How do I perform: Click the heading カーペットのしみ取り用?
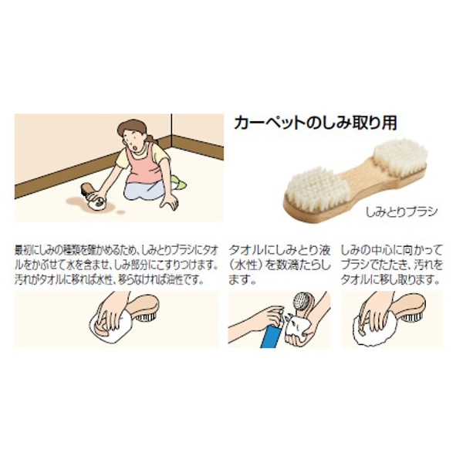click(x=316, y=123)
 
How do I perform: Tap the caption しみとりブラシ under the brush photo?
click(x=401, y=211)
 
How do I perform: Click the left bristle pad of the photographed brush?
click(x=313, y=188)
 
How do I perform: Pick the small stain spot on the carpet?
click(x=120, y=212)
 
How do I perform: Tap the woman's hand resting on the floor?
click(x=169, y=202)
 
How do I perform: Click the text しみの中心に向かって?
click(x=391, y=251)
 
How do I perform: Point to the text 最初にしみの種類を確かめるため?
click(x=75, y=251)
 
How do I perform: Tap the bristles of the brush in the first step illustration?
click(x=147, y=317)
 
